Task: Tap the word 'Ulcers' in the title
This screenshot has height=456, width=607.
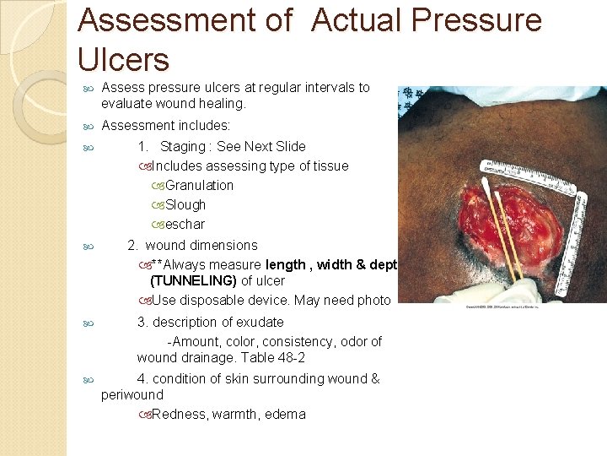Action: click(x=123, y=60)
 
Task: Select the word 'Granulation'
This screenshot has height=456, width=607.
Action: click(x=199, y=185)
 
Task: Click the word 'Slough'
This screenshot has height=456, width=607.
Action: click(x=185, y=204)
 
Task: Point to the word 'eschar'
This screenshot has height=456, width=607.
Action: click(x=185, y=224)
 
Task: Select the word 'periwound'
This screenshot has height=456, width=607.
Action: click(x=132, y=394)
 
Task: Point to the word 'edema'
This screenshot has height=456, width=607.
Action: click(x=284, y=414)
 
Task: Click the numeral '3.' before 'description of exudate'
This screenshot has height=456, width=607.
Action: click(x=142, y=322)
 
